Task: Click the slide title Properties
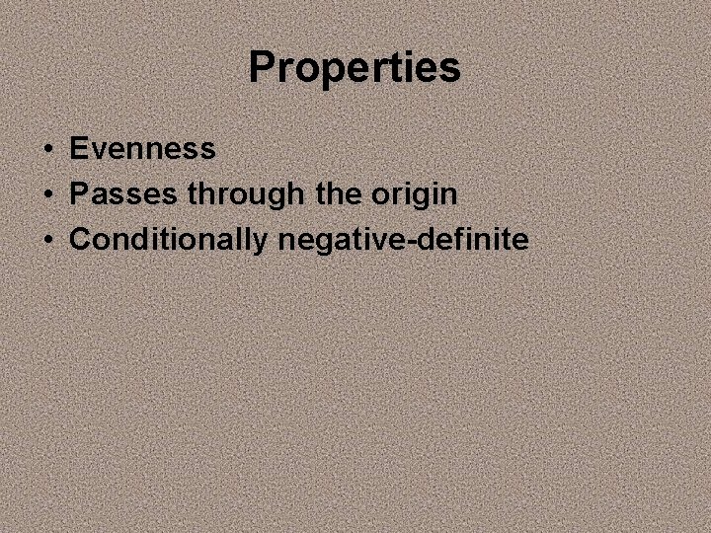point(355,68)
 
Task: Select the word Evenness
point(142,149)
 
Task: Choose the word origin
point(414,195)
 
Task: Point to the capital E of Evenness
point(78,149)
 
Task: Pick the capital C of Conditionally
point(80,240)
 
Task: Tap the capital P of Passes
point(78,194)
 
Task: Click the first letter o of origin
point(379,196)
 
